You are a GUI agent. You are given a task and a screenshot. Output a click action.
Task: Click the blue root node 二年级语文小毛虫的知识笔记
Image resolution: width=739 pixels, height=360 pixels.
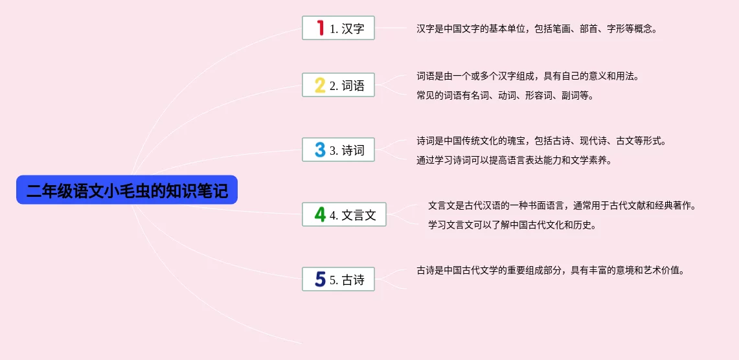(x=127, y=190)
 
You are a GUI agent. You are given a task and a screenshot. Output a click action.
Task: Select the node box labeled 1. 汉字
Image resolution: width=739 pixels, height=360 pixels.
(x=338, y=28)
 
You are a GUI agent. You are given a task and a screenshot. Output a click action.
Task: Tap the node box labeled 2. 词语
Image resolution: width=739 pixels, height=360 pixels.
(x=338, y=85)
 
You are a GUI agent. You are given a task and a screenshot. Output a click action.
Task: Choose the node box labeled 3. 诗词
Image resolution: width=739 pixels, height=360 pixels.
(x=338, y=150)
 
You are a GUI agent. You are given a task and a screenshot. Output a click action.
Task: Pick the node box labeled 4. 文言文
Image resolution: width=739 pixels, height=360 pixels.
(x=344, y=214)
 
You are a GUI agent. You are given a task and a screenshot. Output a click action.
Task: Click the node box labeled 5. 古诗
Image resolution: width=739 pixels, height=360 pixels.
(x=338, y=279)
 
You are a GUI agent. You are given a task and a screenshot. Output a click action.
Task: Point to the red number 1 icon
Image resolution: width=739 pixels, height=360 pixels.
(x=321, y=28)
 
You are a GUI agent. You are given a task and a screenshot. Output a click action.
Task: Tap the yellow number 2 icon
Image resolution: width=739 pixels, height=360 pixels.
(x=320, y=85)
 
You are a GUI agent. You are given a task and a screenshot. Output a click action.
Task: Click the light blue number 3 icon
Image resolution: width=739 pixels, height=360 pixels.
(x=320, y=150)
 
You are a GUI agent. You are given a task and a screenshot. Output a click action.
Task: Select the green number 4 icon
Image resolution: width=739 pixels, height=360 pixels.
(x=320, y=214)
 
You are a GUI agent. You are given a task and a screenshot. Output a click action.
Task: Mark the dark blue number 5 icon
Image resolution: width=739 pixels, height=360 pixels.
(x=320, y=279)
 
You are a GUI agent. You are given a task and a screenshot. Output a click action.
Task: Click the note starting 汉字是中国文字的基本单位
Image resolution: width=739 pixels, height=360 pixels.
(x=537, y=28)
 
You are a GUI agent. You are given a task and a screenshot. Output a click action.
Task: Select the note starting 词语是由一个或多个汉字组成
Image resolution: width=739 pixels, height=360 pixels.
(x=528, y=76)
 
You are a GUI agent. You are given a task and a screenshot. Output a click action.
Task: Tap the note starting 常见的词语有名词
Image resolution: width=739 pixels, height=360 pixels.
(x=505, y=96)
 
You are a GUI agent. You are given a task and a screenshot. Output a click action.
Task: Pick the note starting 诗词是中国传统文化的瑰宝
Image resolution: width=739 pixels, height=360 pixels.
(x=541, y=141)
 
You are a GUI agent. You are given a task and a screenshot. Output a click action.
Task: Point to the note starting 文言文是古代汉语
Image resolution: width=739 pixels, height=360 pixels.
(x=562, y=206)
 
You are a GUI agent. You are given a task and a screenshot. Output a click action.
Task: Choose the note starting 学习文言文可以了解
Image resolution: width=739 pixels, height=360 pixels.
(x=513, y=225)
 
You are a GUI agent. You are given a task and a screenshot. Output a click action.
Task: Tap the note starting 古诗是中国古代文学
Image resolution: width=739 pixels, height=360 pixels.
(x=550, y=271)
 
